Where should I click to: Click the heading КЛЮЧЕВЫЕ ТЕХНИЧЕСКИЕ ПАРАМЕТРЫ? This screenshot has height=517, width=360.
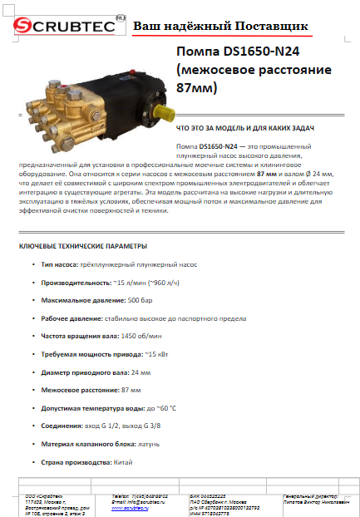[82, 246]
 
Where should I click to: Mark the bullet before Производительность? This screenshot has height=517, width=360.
[32, 283]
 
